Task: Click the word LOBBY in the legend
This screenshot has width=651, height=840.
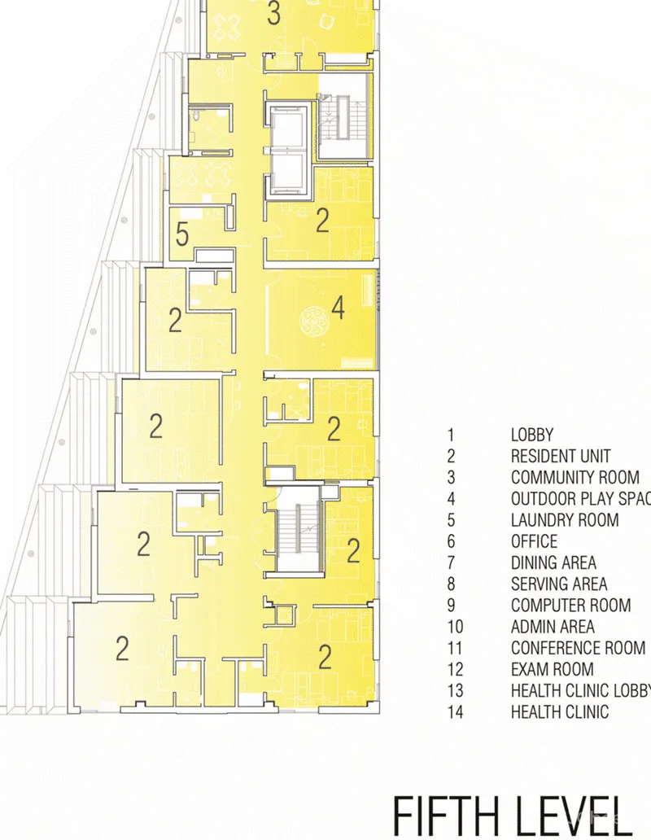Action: pos(531,435)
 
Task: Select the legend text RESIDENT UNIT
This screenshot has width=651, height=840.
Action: pos(560,457)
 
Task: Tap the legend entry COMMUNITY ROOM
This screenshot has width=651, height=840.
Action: pos(575,478)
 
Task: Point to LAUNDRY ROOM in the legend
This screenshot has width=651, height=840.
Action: pos(565,520)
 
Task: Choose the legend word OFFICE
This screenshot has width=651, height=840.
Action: pos(534,541)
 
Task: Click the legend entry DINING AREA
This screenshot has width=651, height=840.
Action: pos(553,562)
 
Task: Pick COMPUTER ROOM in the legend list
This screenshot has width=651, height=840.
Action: pos(570,606)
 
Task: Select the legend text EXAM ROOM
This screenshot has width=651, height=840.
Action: pos(552,669)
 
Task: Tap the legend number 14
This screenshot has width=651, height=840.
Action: pos(455,712)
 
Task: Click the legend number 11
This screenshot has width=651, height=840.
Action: pos(455,648)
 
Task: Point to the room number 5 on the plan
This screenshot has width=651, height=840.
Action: pos(183,236)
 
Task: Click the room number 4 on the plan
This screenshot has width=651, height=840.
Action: pos(338,308)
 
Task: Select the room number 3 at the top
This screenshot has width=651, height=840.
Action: pos(274,14)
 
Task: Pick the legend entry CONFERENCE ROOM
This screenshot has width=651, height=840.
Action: pos(578,648)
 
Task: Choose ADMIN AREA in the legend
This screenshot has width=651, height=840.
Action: pos(553,627)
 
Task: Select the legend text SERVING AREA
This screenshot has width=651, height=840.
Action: pos(558,584)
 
